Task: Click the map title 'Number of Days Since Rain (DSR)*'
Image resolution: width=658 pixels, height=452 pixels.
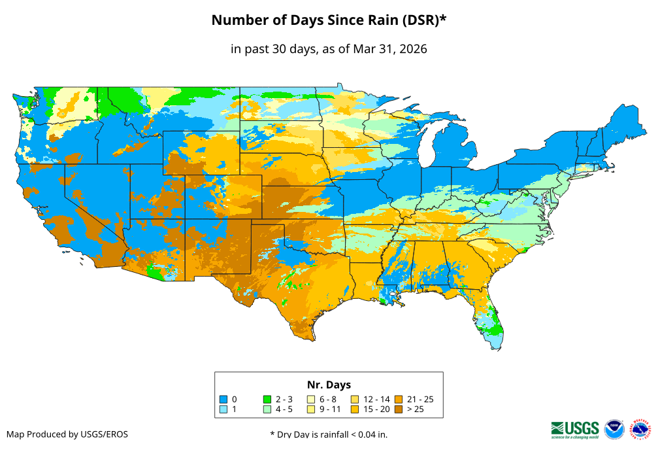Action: click(x=329, y=20)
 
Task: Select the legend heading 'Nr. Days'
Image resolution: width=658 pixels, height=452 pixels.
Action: click(x=329, y=385)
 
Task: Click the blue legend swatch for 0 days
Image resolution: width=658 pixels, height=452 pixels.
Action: click(x=223, y=399)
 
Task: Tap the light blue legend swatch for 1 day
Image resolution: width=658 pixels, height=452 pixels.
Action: click(x=223, y=409)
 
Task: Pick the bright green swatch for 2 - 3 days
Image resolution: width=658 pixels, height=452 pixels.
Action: click(x=267, y=399)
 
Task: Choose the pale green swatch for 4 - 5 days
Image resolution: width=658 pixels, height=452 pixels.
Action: click(x=267, y=409)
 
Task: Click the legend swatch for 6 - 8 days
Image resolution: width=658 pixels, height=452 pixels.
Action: click(x=311, y=399)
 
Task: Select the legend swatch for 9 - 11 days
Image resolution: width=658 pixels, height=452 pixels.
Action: click(x=311, y=409)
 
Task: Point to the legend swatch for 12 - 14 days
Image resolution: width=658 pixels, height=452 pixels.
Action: click(x=355, y=399)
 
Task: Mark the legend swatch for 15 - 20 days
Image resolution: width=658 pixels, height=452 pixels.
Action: click(x=355, y=409)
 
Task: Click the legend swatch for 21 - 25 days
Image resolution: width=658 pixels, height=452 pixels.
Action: click(x=399, y=399)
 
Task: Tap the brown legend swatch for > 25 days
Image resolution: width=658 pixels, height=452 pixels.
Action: click(x=399, y=409)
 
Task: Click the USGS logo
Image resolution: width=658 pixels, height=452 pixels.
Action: click(x=575, y=428)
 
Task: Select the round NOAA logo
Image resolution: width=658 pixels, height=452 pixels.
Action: click(x=614, y=429)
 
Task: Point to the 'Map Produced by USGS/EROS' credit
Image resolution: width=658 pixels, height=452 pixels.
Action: click(x=67, y=434)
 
